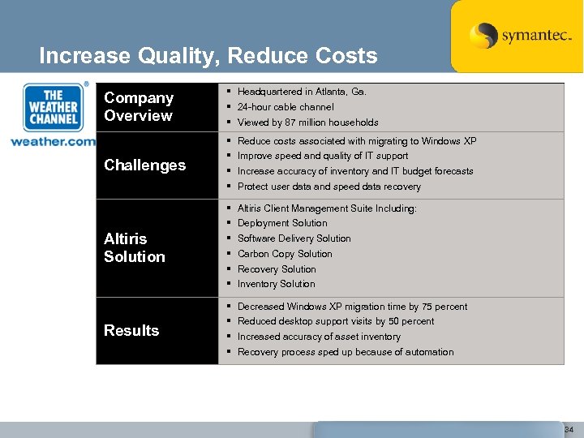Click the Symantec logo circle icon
click(483, 36)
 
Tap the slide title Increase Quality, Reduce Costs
click(208, 56)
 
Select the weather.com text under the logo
click(53, 141)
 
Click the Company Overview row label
click(139, 106)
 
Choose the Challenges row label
click(144, 165)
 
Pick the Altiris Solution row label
click(135, 247)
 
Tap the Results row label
click(131, 330)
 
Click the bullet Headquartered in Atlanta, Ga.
click(302, 92)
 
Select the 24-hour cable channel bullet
click(286, 107)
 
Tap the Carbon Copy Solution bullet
click(285, 254)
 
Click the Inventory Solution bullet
click(276, 284)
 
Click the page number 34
click(569, 428)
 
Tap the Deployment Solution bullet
click(282, 223)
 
